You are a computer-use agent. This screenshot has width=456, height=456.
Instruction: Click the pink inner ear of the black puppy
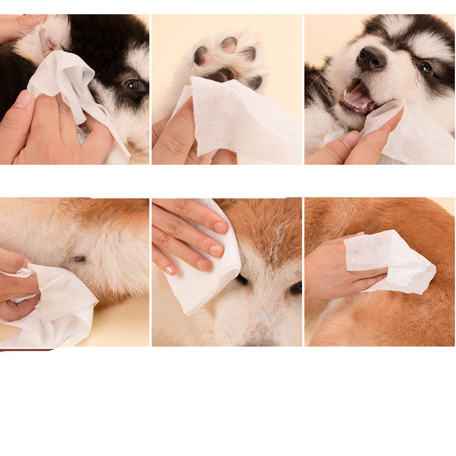(48, 43)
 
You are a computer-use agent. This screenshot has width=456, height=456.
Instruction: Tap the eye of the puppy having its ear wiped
(132, 84)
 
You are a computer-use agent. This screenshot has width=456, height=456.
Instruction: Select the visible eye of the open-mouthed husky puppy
(424, 67)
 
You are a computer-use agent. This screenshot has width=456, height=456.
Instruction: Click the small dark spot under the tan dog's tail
(79, 258)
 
